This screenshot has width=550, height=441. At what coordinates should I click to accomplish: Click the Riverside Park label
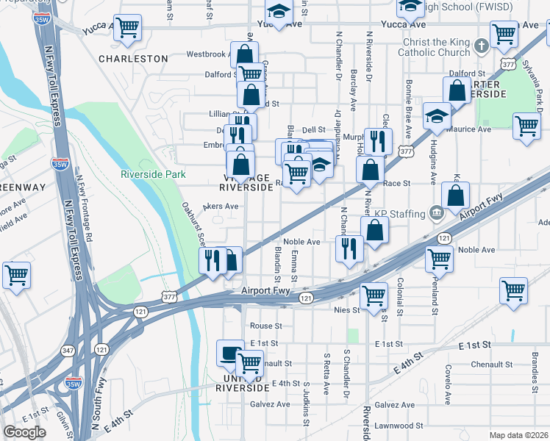click(x=153, y=174)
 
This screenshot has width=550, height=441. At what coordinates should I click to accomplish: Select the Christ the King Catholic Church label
click(x=434, y=48)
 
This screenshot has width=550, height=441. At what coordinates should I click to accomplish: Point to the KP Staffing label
click(x=400, y=214)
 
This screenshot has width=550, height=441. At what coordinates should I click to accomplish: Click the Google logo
click(x=24, y=432)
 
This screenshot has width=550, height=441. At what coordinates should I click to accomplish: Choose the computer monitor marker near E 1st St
click(x=230, y=354)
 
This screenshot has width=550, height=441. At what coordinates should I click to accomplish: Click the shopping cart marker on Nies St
click(x=374, y=295)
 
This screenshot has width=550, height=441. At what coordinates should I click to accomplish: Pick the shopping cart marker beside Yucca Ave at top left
click(x=128, y=28)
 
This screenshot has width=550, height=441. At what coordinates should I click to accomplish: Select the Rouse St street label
click(x=265, y=326)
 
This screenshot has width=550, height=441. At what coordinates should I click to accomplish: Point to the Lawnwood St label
click(x=398, y=426)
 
